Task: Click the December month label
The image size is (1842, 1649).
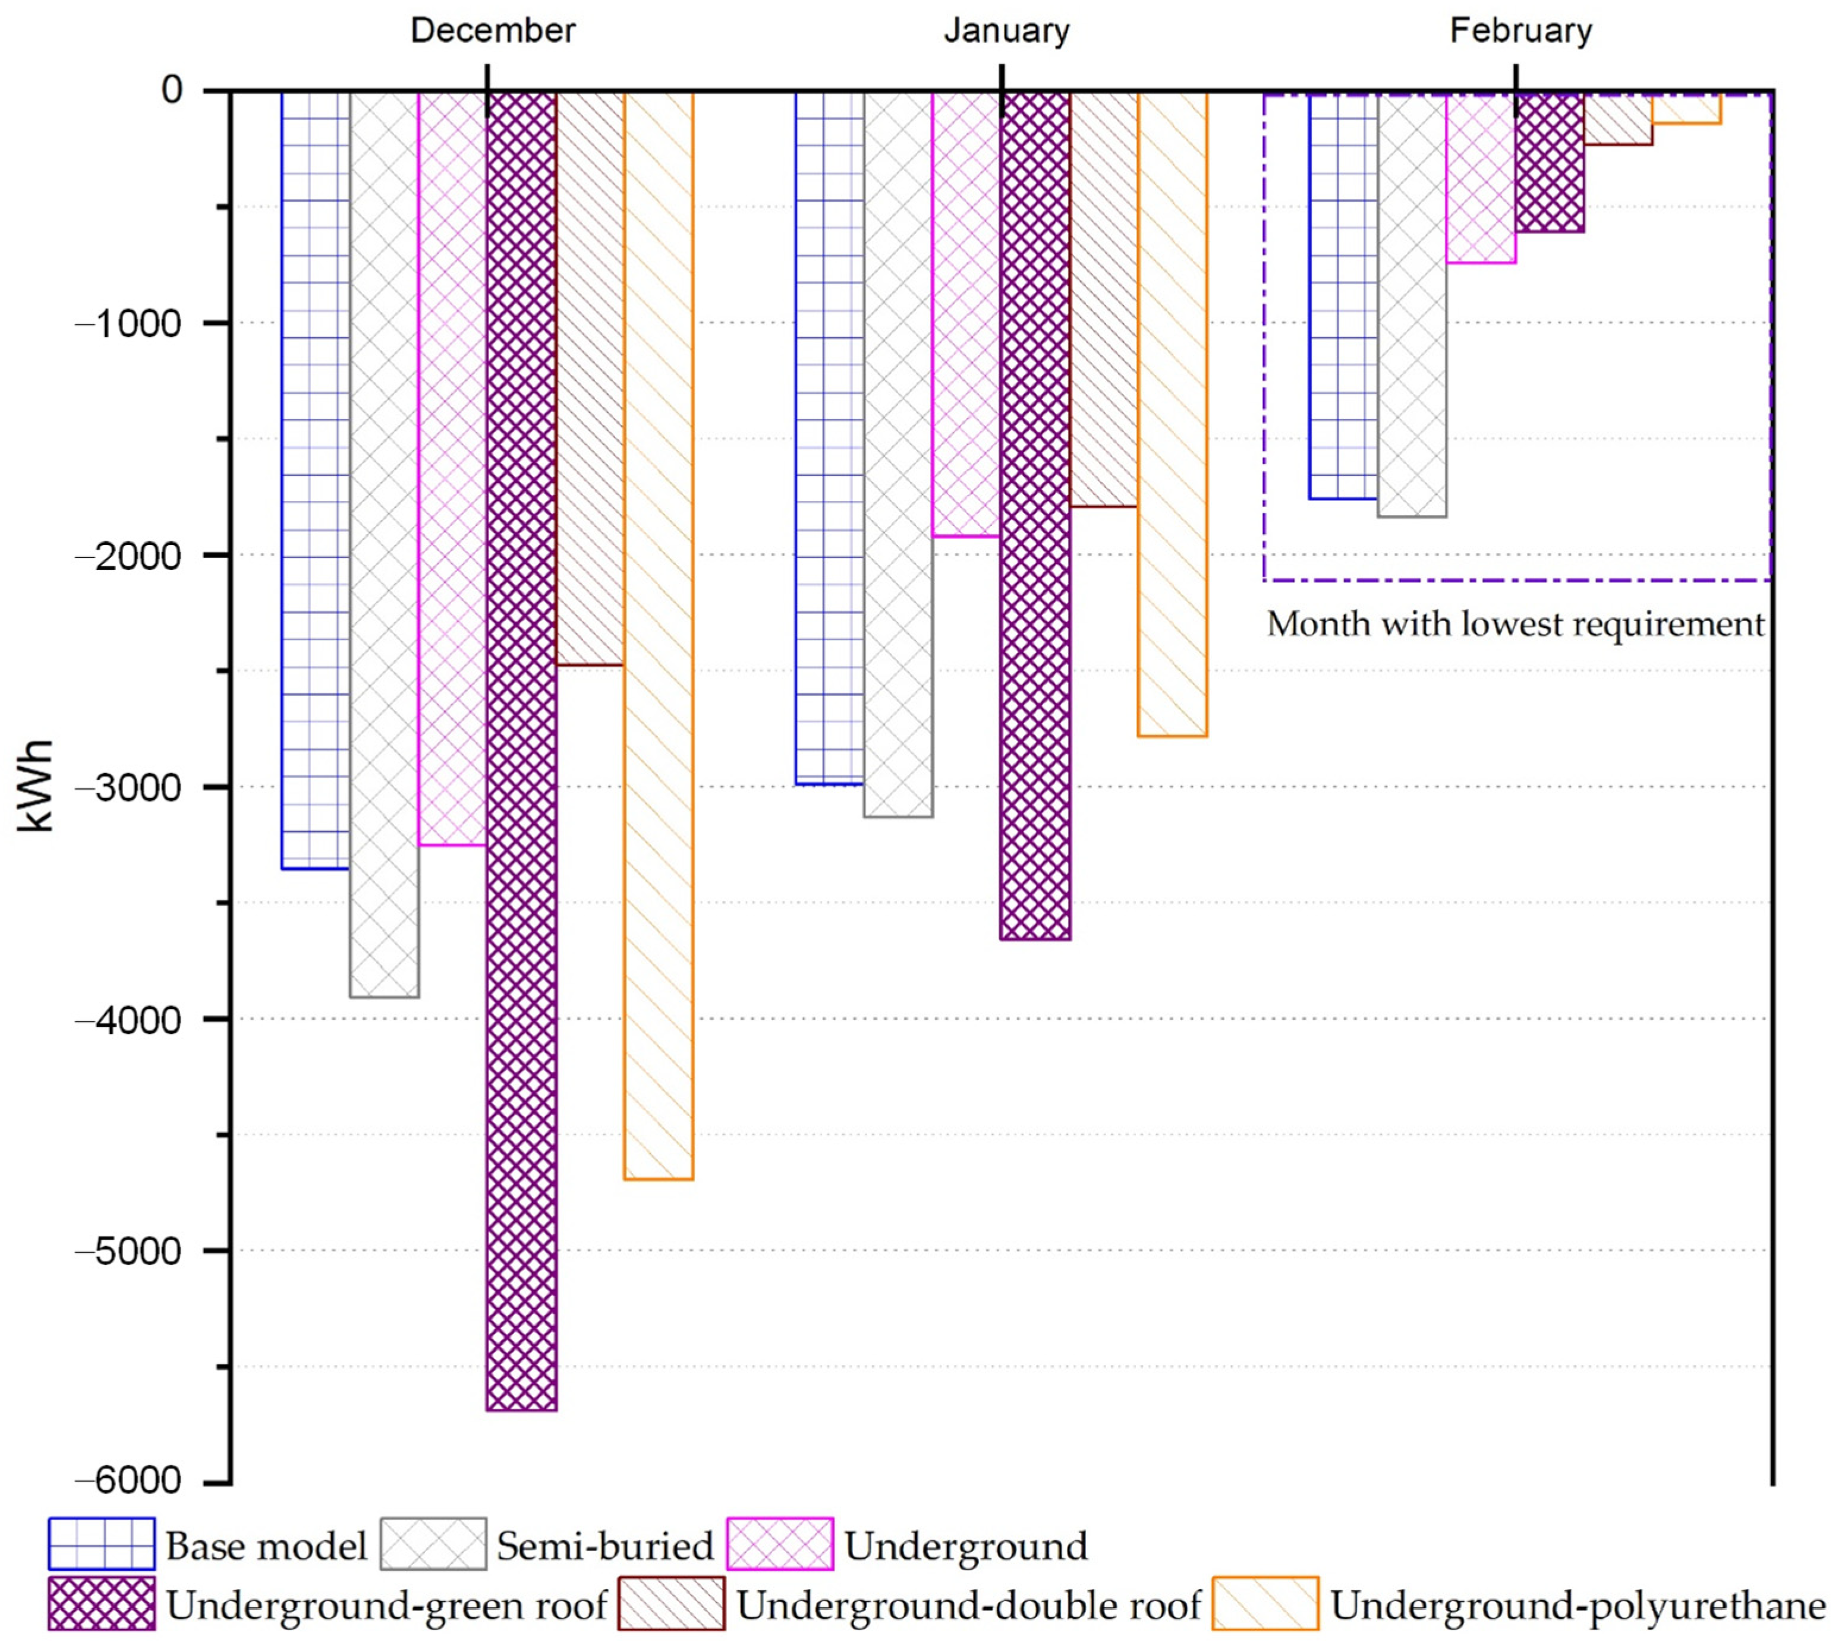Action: click(x=493, y=31)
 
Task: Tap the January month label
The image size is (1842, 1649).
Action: click(x=1007, y=31)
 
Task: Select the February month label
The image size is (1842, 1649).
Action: click(x=1520, y=31)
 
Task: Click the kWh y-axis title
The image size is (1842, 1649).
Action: click(x=36, y=786)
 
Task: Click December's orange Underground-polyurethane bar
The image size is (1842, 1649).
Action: click(x=659, y=634)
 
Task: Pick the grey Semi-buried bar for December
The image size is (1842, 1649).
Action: click(x=384, y=544)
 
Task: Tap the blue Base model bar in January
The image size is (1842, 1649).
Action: click(x=829, y=435)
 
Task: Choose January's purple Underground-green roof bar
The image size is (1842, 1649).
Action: click(x=1035, y=516)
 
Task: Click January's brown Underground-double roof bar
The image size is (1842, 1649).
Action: click(x=1104, y=299)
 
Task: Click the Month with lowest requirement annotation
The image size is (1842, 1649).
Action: click(x=1515, y=625)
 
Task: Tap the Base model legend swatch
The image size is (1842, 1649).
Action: click(x=102, y=1544)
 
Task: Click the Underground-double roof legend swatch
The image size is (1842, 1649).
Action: click(x=672, y=1604)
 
